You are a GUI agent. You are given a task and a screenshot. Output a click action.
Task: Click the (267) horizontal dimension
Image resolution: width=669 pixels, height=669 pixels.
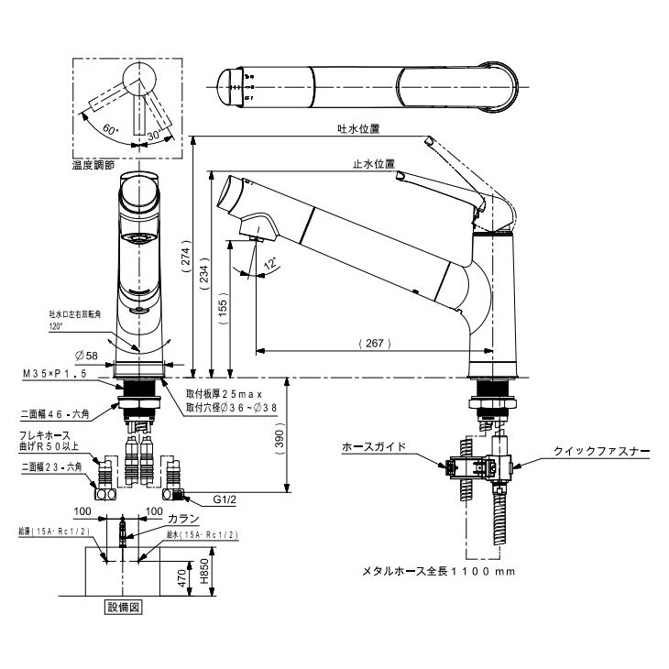tap(374, 344)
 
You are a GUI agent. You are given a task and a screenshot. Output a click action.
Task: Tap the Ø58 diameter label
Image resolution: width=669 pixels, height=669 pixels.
tap(88, 354)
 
